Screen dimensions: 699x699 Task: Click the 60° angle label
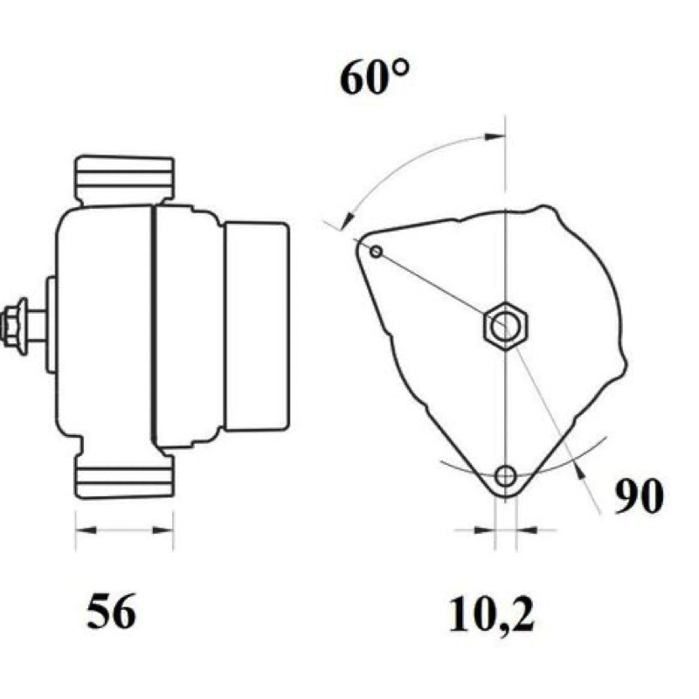point(374,78)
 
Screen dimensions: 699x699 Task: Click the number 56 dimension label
point(111,612)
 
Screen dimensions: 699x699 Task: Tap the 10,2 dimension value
point(491,616)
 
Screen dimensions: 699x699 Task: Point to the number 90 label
point(639,496)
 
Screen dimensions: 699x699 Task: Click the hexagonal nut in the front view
point(505,325)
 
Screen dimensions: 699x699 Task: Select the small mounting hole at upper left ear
point(377,252)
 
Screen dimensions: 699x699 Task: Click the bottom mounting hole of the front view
point(506,476)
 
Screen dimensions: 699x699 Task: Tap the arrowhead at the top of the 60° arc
point(495,136)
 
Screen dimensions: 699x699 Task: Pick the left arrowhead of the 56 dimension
point(86,530)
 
